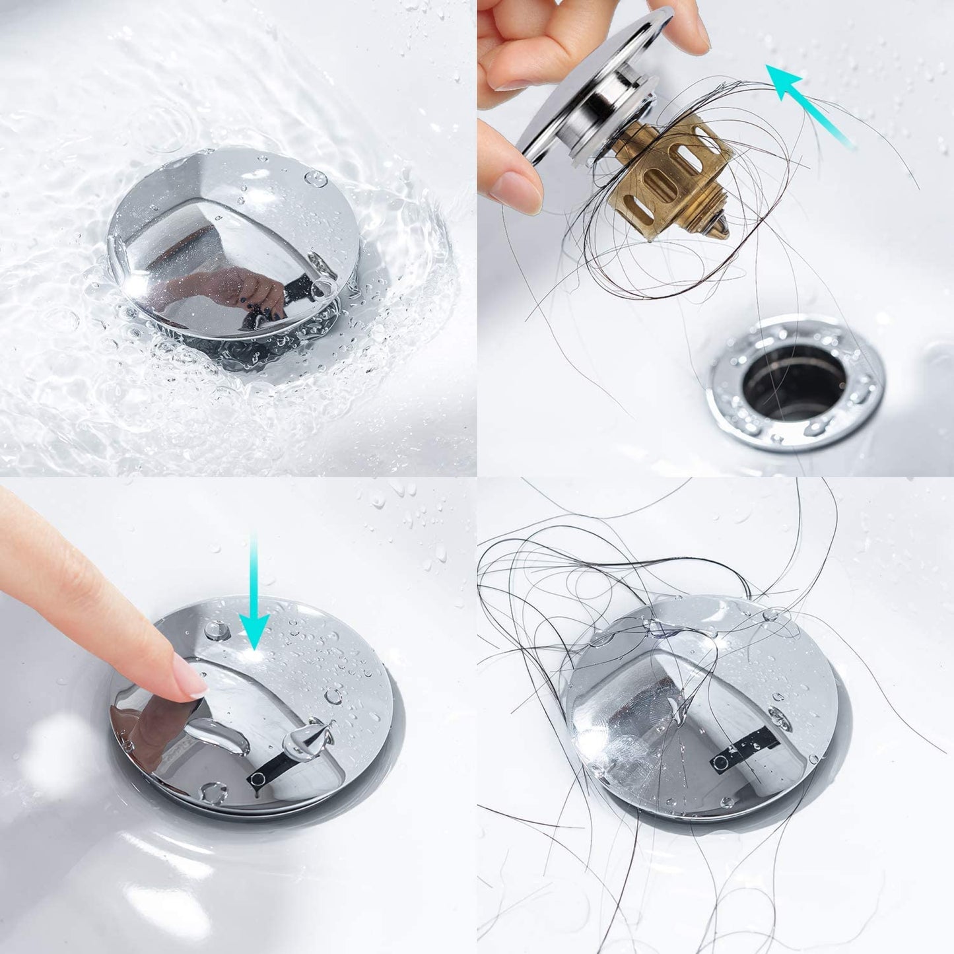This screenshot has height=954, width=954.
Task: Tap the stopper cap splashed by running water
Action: click(x=231, y=244)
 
